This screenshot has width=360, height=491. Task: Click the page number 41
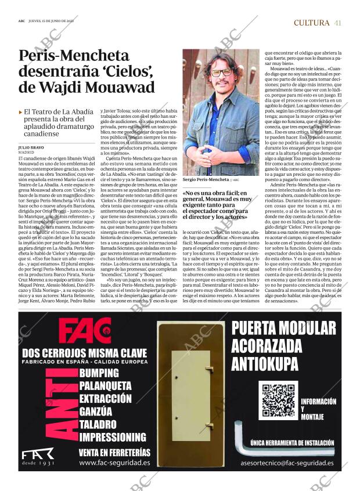(x=337, y=23)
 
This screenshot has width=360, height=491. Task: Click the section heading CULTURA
(x=311, y=23)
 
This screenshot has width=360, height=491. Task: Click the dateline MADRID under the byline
(x=27, y=153)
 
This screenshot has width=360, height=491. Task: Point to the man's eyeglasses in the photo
(x=221, y=73)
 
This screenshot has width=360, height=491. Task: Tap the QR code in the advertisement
(x=278, y=401)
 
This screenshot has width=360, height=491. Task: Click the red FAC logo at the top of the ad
(x=85, y=331)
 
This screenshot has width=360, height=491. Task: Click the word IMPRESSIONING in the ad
(x=113, y=436)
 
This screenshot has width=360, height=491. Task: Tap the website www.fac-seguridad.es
(x=114, y=463)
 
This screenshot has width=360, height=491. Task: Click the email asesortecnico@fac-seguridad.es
(x=287, y=463)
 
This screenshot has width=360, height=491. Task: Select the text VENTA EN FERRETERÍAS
(x=114, y=452)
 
